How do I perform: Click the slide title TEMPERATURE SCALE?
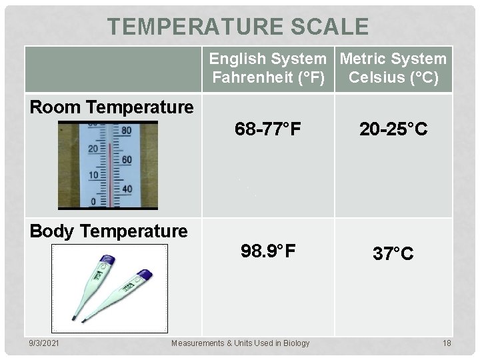point(238,27)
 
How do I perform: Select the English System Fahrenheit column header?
point(269,69)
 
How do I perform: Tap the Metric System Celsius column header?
point(393,69)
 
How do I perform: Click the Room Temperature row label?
point(112,107)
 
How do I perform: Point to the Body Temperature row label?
point(109,231)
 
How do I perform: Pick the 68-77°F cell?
point(268,129)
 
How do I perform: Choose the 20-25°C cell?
point(393,129)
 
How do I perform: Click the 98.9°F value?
point(268,251)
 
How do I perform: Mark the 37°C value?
point(393,253)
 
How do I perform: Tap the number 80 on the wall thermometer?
point(125,131)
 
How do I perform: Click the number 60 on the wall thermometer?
point(125,160)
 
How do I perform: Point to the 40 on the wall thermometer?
point(125,189)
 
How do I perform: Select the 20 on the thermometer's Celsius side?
point(93,149)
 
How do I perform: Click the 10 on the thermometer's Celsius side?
point(93,175)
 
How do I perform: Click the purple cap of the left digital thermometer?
point(107,260)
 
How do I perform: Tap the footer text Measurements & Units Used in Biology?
point(240,343)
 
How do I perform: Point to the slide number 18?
point(446,343)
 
